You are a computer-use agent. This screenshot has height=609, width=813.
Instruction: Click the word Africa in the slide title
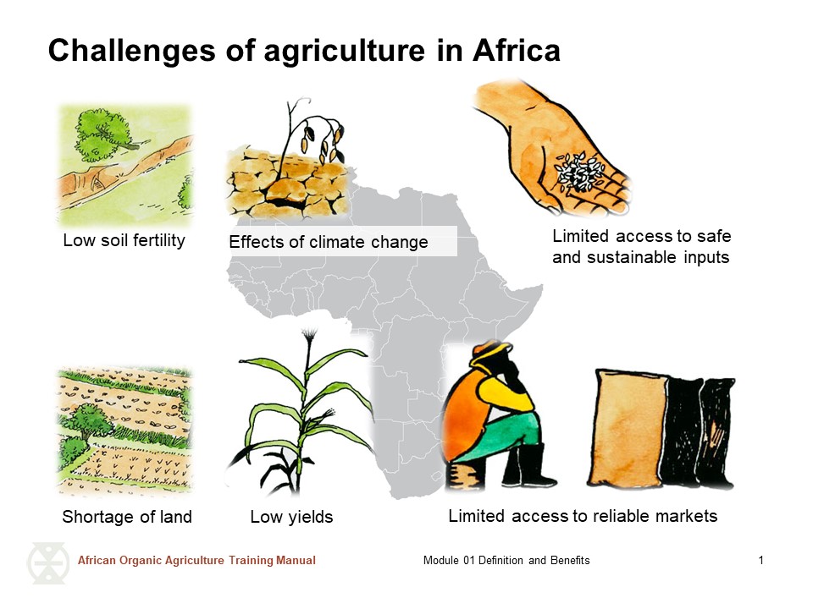point(516,51)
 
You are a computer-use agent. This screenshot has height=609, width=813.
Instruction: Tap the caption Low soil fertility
point(124,240)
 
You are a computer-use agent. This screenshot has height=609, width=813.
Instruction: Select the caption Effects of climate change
point(329,243)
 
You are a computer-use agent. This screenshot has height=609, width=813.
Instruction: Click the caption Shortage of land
point(127,517)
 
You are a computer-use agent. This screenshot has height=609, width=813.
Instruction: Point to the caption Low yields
point(291,517)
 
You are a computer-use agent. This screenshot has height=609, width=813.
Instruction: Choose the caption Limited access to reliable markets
point(583,516)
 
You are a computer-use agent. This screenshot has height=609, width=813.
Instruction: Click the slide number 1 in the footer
point(761,561)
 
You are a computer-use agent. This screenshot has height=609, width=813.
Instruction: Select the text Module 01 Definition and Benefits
point(506,561)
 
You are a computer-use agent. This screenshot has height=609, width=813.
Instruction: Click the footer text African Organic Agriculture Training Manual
point(196,561)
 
